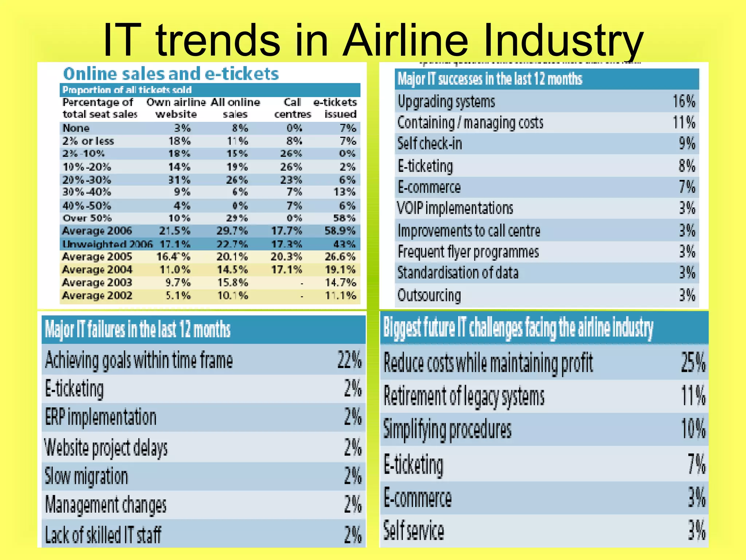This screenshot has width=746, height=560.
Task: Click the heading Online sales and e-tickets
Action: [171, 74]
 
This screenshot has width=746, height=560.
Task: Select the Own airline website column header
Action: [176, 108]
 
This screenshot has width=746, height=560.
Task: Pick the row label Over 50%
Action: [87, 218]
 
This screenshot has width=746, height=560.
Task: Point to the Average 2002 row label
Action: [97, 295]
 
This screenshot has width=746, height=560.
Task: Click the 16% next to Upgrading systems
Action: [684, 101]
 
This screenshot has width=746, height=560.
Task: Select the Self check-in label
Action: [429, 143]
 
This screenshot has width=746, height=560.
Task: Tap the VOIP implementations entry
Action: [455, 208]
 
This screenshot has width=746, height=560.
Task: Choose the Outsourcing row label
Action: [429, 295]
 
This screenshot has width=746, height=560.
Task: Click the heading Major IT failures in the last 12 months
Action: [138, 329]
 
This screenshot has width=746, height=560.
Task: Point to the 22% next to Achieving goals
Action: [349, 360]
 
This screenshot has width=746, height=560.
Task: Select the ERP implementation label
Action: [101, 417]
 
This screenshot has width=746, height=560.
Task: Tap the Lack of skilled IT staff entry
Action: [103, 535]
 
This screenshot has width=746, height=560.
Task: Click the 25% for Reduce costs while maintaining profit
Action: [693, 363]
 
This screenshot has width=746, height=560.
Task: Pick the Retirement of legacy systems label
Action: [464, 396]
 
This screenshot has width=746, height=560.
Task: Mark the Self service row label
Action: [413, 530]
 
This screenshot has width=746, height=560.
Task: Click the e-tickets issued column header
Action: [335, 108]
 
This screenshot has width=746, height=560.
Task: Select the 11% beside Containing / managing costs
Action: [684, 122]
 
